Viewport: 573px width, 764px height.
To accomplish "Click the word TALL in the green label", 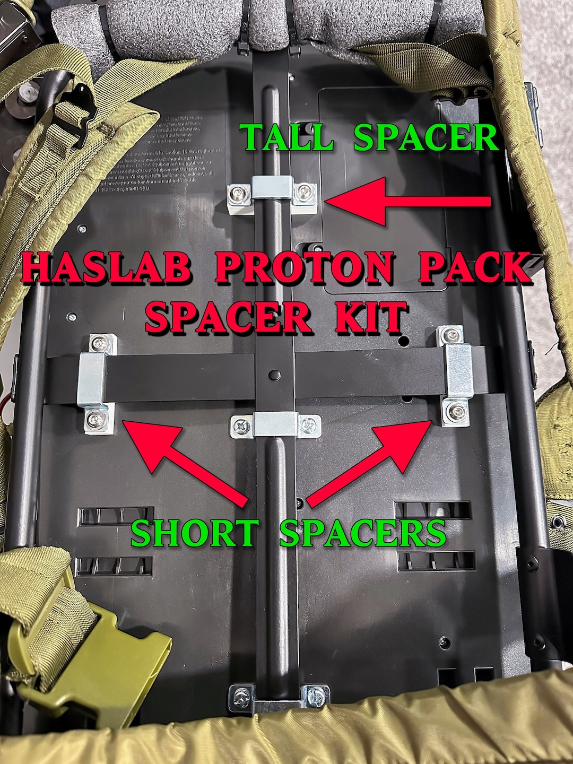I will click(286, 138).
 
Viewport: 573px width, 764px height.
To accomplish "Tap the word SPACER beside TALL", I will click(426, 138).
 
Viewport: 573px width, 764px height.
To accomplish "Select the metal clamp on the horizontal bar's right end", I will click(458, 371).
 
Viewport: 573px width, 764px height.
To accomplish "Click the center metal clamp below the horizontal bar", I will click(276, 425).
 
